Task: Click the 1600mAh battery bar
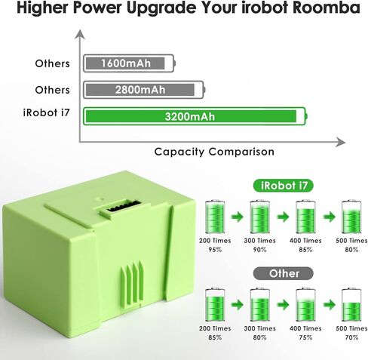tap(129, 63)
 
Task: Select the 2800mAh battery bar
tap(144, 90)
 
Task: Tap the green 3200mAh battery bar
tap(195, 116)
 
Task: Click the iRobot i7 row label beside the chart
tap(46, 112)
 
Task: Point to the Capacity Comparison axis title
tap(214, 152)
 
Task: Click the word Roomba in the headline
tap(327, 8)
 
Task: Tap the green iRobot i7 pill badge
tap(284, 186)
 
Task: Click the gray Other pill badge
tap(284, 273)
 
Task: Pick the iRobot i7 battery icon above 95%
tap(215, 217)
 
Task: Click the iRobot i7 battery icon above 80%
tap(351, 217)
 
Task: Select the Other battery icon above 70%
tap(351, 305)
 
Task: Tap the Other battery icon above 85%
tap(215, 305)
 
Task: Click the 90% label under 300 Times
tap(259, 250)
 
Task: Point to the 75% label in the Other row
tap(305, 337)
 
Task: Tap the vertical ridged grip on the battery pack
tap(132, 284)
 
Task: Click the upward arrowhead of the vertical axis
tap(80, 35)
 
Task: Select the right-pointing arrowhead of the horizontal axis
tap(340, 143)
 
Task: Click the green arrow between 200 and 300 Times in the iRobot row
tap(238, 217)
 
